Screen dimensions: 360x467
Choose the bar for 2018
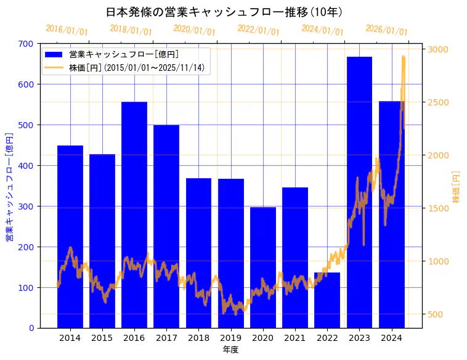(x=198, y=253)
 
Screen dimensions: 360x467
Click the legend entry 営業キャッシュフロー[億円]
(x=124, y=54)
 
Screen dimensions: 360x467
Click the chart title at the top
(x=224, y=12)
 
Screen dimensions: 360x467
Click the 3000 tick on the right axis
(x=439, y=49)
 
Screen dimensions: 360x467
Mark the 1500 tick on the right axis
(x=439, y=208)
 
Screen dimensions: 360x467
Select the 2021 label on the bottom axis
(x=295, y=338)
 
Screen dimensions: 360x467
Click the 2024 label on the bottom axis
(x=391, y=338)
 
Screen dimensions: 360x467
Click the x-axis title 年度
(x=230, y=350)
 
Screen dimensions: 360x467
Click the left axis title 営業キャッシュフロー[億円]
(x=9, y=186)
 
